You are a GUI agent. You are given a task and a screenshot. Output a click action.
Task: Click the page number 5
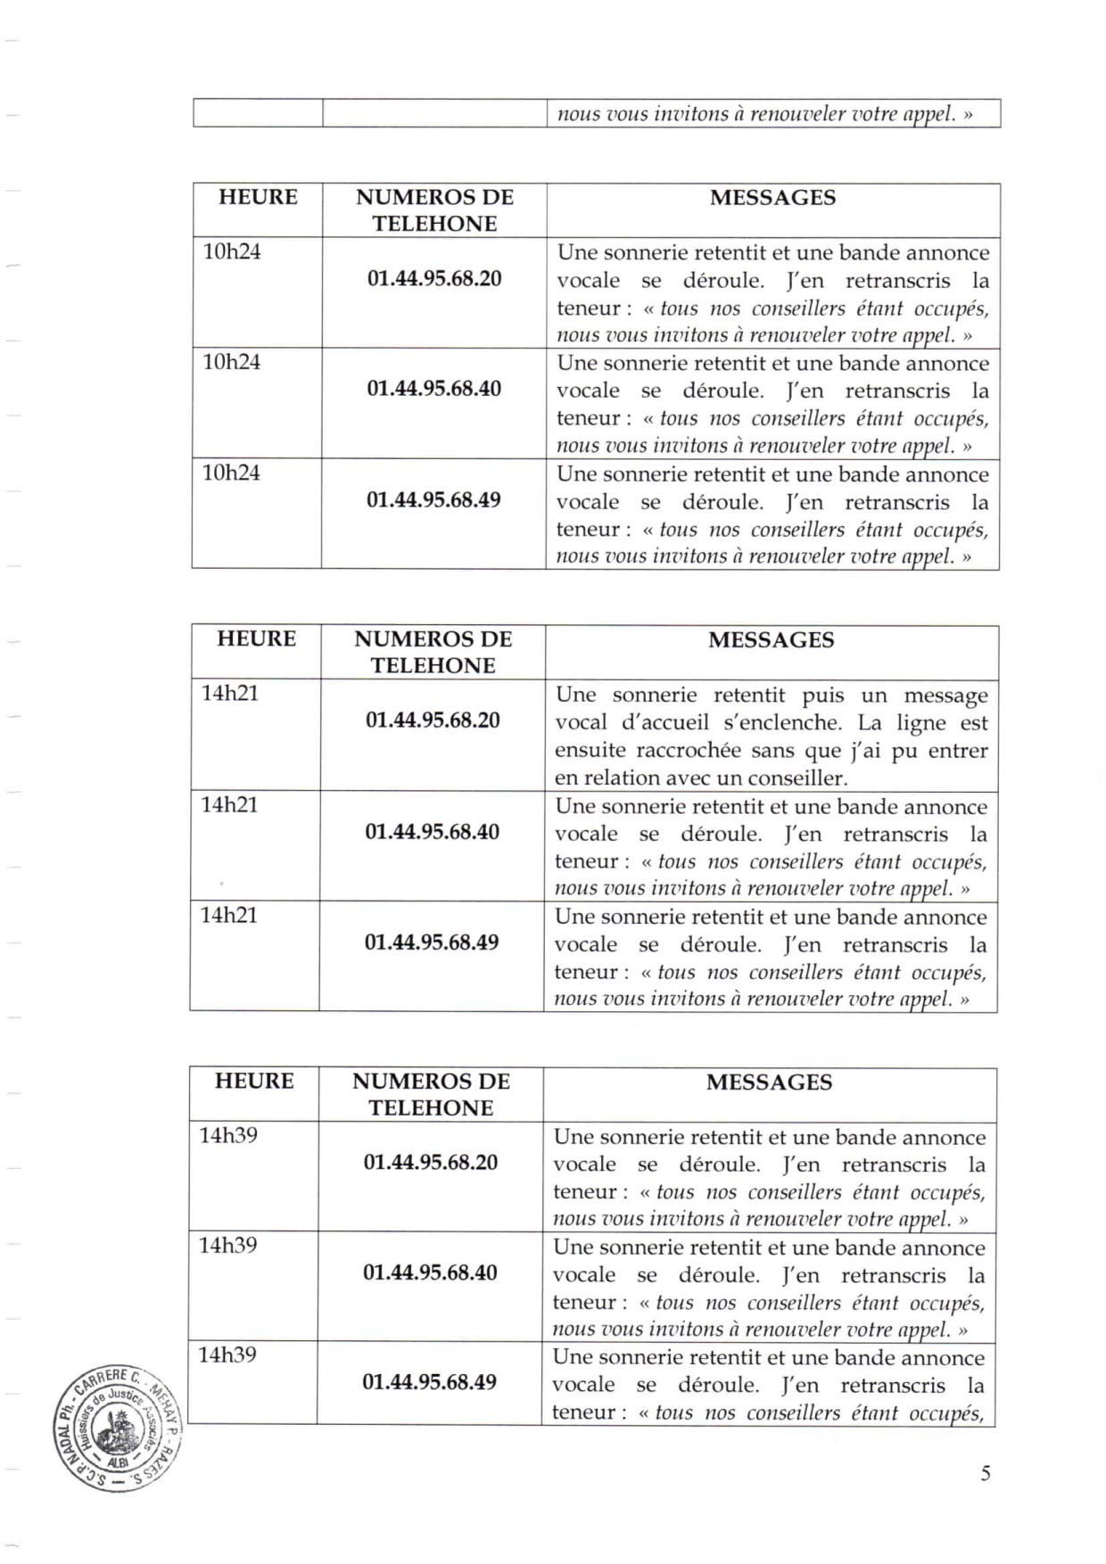(x=985, y=1473)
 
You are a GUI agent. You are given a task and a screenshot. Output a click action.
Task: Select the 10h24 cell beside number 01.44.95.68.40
(x=232, y=362)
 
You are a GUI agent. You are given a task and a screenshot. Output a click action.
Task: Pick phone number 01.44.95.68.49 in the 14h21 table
(x=432, y=943)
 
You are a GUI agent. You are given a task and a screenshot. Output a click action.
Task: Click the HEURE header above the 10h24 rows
(x=258, y=197)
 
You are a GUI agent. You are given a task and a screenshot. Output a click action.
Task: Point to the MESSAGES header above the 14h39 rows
(x=769, y=1082)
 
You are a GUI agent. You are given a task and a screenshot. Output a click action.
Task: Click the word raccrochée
(x=686, y=751)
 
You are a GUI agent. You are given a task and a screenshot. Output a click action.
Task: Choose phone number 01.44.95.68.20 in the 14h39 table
(x=431, y=1163)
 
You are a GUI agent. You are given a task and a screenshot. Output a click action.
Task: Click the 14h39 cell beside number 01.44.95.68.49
(x=227, y=1355)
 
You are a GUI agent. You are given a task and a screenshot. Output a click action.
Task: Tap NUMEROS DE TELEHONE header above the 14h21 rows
(x=433, y=652)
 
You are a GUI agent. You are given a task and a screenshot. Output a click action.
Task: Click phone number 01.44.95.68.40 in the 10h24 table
(x=434, y=389)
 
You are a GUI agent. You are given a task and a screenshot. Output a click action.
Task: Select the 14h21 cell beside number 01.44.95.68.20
(x=230, y=693)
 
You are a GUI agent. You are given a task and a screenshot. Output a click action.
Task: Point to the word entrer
(x=958, y=751)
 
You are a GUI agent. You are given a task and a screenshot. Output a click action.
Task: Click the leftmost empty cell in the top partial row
(x=258, y=113)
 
